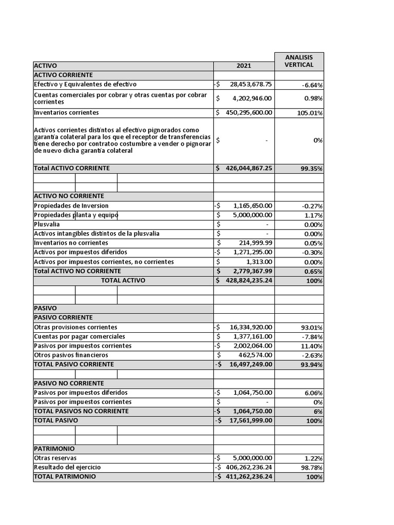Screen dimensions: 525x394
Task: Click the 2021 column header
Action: pos(244,66)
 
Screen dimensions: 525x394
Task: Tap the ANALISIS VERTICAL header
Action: pos(299,61)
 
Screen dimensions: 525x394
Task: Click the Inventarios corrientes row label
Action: pos(67,113)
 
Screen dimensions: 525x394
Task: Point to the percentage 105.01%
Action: pos(309,113)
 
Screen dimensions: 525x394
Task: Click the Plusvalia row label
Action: pos(47,225)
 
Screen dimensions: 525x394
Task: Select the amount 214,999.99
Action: pos(255,243)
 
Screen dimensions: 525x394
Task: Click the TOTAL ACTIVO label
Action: pos(123,280)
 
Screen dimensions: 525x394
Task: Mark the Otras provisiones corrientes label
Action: pos(75,327)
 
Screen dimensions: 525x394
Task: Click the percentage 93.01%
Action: pos(311,328)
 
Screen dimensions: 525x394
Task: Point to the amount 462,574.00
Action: pos(255,355)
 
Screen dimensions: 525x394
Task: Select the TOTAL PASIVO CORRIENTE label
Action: pos(74,364)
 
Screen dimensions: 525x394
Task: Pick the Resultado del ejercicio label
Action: pos(67,467)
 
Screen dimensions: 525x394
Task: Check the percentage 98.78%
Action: pos(311,468)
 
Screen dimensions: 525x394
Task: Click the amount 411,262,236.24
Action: pos(248,476)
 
